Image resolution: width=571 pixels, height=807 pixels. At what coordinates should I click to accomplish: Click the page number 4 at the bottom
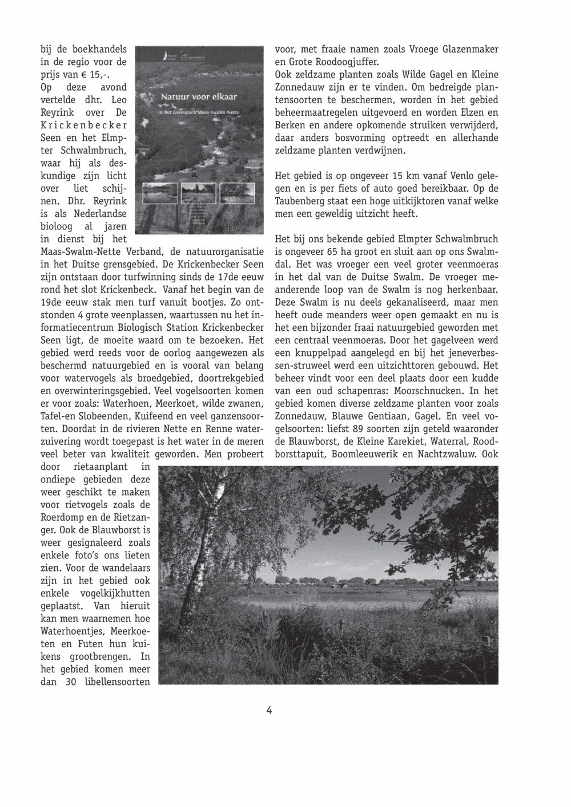[x=268, y=710]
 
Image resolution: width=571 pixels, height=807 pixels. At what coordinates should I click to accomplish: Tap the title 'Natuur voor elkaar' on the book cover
[x=199, y=97]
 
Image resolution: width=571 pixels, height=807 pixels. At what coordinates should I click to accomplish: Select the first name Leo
[x=119, y=100]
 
